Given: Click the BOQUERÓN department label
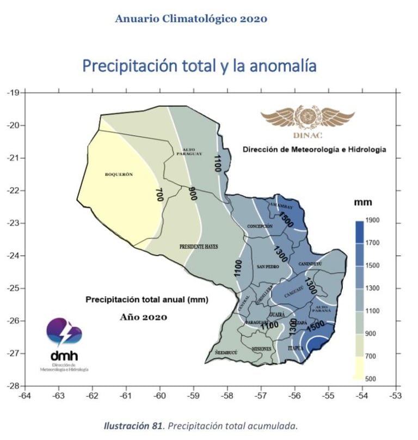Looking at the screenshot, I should tap(119, 175).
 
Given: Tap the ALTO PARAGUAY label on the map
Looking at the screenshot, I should tap(189, 152).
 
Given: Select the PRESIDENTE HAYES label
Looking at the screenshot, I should tap(199, 247).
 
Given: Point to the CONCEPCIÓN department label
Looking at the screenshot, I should tap(260, 225).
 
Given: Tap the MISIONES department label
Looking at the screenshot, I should tap(262, 349).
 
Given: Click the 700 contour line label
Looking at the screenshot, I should tap(159, 195).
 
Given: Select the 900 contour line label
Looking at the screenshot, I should tap(192, 194).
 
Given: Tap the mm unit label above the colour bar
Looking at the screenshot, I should tap(363, 203).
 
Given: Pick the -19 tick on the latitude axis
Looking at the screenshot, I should tap(13, 93).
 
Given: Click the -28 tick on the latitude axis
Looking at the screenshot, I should tap(13, 386).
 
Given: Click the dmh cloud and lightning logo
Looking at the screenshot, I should tap(64, 333).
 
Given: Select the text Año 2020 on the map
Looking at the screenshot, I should tap(143, 316).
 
